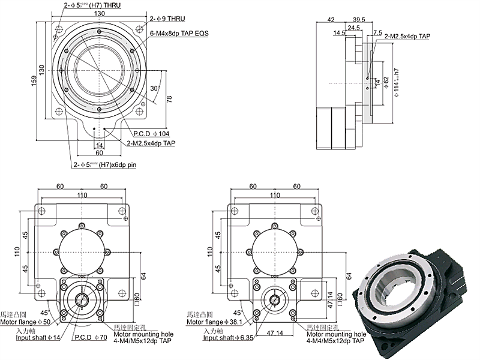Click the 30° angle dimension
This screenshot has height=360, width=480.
(153, 88)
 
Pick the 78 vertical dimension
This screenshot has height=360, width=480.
(169, 99)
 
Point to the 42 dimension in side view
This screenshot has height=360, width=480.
(331, 19)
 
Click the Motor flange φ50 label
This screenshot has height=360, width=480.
(26, 322)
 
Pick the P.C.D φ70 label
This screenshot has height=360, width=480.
(89, 338)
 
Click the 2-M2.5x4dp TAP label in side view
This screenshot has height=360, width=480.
(407, 37)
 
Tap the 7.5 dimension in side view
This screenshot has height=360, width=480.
(377, 32)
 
